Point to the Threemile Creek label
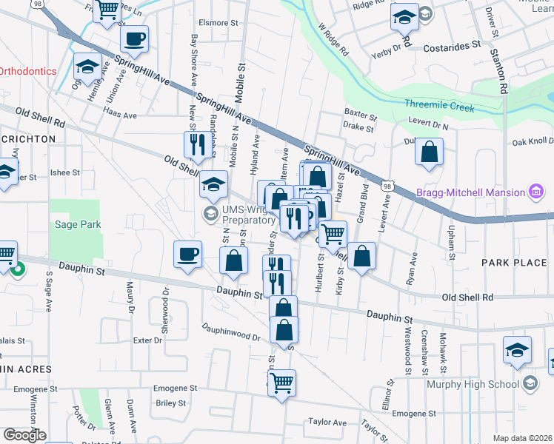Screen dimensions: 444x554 pos(439,107)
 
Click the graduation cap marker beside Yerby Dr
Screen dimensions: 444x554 pos(404,17)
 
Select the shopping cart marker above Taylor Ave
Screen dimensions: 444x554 pos(281,383)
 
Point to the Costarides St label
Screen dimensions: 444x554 pos(452,47)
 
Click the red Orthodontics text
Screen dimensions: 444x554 pos(28,72)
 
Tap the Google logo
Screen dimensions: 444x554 pos(24,435)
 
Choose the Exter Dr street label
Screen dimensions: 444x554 pos(147,340)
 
